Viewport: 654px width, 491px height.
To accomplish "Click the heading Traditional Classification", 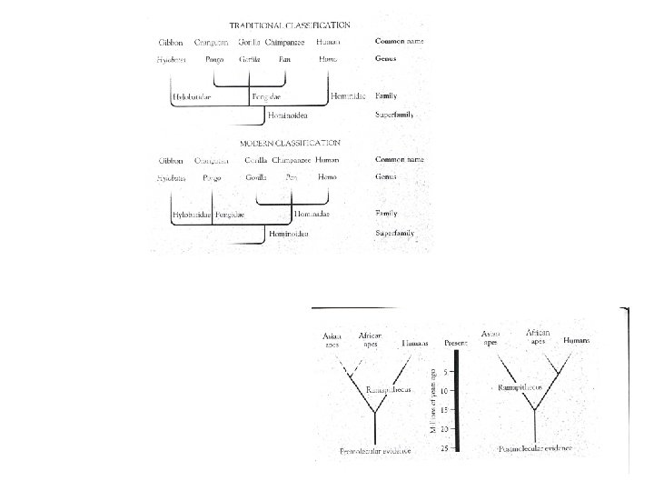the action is [x=290, y=25].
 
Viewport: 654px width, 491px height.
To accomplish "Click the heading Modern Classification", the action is [x=290, y=143].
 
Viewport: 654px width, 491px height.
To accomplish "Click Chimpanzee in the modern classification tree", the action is [x=291, y=160].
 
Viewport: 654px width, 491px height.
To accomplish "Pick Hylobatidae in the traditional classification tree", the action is [x=193, y=95].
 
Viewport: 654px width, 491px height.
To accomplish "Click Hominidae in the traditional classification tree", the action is [x=349, y=95].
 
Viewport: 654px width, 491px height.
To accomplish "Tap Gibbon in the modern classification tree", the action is [x=170, y=160].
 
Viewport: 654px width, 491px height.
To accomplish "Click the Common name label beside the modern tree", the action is [x=400, y=159].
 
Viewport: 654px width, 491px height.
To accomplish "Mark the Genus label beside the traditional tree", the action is [x=388, y=58].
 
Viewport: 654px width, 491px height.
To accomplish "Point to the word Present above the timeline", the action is [x=456, y=344].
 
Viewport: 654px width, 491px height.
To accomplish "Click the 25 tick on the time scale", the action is [x=444, y=447].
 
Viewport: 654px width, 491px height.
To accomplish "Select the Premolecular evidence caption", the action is [x=374, y=452].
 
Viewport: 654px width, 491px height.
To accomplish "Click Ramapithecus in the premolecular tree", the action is [x=389, y=388].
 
